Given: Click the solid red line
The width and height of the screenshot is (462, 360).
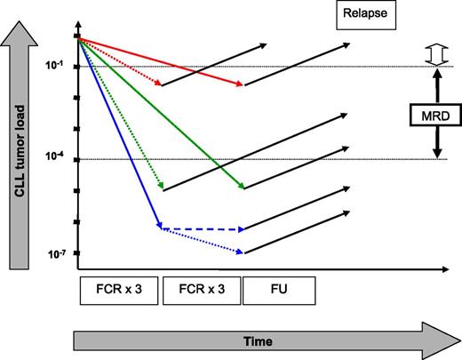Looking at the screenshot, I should click(x=160, y=61).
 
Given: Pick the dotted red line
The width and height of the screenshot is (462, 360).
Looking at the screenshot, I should click(x=120, y=61).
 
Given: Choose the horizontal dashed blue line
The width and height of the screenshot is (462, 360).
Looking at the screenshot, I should click(x=201, y=229).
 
